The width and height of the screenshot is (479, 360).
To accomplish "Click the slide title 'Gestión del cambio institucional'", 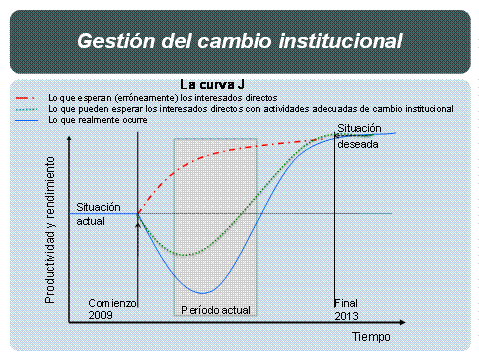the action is pos(240,41).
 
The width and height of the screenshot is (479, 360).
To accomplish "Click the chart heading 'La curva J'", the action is pos(212,85).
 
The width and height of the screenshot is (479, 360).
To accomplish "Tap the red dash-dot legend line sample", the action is pos(25,98).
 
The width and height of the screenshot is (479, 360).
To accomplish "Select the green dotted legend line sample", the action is pos(26,109).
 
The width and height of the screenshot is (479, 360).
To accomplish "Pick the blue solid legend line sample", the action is pos(27,120).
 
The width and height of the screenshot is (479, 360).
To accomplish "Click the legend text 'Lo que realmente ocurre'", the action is pos(98,120).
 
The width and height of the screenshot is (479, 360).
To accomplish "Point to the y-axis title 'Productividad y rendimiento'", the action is pos(50,230).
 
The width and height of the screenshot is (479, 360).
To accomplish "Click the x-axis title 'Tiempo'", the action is pos(371,337).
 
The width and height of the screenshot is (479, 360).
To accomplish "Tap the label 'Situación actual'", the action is pos(98,214).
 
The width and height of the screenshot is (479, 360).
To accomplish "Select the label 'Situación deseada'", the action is pos(359,136).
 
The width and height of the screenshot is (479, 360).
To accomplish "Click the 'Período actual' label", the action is pos(216,310).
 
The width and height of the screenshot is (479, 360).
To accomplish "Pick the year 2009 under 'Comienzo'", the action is pos(100,315).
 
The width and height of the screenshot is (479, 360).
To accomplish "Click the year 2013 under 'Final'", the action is pos(346,316).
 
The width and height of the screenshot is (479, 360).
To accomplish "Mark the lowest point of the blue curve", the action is pos(202,293).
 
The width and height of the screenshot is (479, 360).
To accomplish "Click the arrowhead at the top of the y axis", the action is pos(69,138).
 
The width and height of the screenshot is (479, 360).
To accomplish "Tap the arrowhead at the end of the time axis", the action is pos(402,322).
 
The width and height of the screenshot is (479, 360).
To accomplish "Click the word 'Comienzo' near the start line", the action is pos(112,303).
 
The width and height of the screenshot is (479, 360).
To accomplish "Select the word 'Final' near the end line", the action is pos(346,303).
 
